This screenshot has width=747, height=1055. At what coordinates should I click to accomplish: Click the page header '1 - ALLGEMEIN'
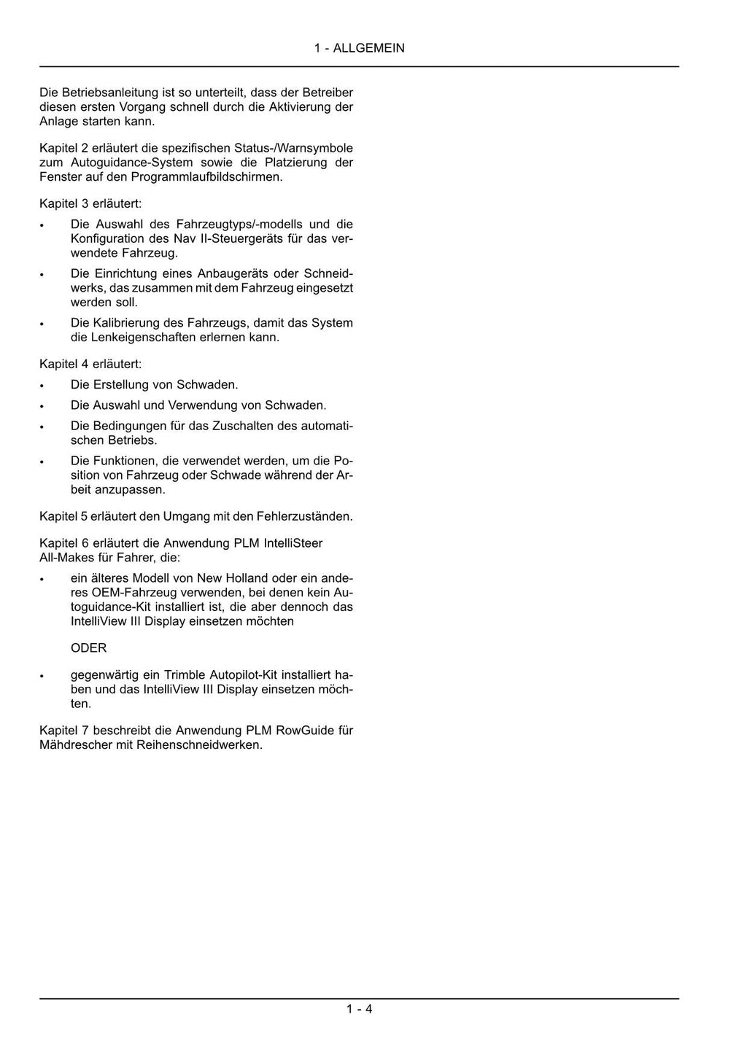tap(359, 48)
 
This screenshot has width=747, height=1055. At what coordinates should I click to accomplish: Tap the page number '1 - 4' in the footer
tap(359, 1009)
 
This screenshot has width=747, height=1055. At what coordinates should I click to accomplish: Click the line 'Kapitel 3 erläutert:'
tap(90, 203)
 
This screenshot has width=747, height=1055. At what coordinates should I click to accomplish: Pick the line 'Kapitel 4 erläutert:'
tap(90, 364)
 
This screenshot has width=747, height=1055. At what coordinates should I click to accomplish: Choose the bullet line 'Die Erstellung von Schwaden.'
tap(154, 384)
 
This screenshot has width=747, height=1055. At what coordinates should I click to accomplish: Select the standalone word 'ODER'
tap(88, 648)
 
